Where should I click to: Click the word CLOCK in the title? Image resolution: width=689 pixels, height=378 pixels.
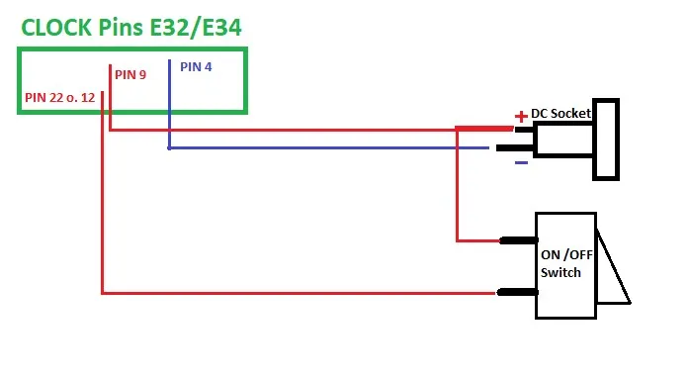pyautogui.click(x=56, y=28)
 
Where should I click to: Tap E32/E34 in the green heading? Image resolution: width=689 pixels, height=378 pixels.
pyautogui.click(x=196, y=28)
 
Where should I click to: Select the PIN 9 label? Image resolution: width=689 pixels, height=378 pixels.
pyautogui.click(x=130, y=75)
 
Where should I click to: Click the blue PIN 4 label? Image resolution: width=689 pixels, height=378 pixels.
pyautogui.click(x=196, y=67)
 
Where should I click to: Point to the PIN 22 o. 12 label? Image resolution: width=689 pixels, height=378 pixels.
pyautogui.click(x=59, y=98)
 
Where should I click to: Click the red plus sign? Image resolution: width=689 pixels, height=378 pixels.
pyautogui.click(x=521, y=116)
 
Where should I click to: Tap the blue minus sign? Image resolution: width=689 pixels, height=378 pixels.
pyautogui.click(x=521, y=163)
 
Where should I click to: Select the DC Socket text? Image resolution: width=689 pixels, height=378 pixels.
pyautogui.click(x=561, y=114)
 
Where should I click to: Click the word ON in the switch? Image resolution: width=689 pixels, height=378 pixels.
pyautogui.click(x=551, y=254)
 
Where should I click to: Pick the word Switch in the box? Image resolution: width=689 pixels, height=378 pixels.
pyautogui.click(x=560, y=273)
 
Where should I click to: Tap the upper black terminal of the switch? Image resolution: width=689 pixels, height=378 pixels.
pyautogui.click(x=519, y=240)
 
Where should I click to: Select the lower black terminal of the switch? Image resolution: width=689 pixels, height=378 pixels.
pyautogui.click(x=517, y=292)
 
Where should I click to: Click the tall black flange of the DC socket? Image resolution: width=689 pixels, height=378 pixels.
pyautogui.click(x=606, y=140)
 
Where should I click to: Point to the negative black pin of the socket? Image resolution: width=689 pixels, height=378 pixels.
pyautogui.click(x=515, y=147)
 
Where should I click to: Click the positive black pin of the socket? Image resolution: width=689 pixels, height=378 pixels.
pyautogui.click(x=524, y=130)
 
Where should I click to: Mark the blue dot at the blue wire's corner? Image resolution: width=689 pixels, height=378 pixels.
pyautogui.click(x=169, y=148)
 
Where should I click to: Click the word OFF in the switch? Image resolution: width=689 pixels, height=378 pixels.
pyautogui.click(x=581, y=254)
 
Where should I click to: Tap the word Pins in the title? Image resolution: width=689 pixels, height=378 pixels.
pyautogui.click(x=121, y=28)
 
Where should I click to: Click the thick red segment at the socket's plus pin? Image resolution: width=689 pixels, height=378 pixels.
pyautogui.click(x=484, y=129)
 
